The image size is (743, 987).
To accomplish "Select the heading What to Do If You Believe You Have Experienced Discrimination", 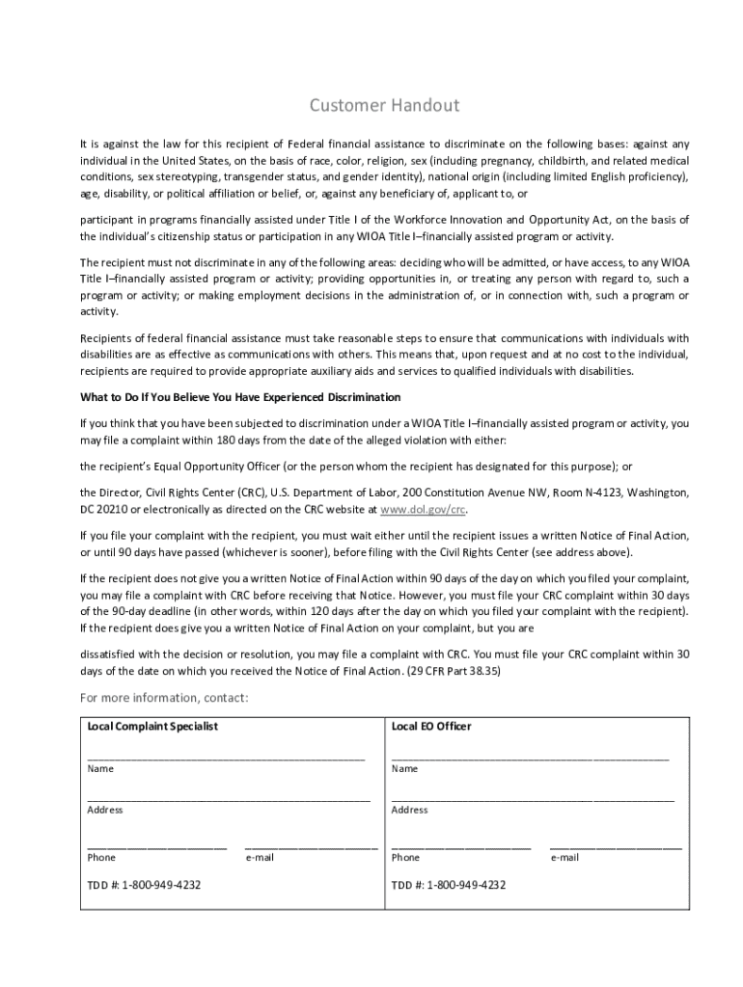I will point(239,397).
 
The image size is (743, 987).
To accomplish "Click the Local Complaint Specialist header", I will point(152,726).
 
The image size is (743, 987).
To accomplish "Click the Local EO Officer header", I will point(431,726).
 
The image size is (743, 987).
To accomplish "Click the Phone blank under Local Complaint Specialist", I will point(156,846).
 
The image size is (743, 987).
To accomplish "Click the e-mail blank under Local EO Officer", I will point(616,846).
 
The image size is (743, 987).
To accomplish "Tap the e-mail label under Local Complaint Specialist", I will point(261,857).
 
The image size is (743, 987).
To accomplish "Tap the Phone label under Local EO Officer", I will point(405,857).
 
